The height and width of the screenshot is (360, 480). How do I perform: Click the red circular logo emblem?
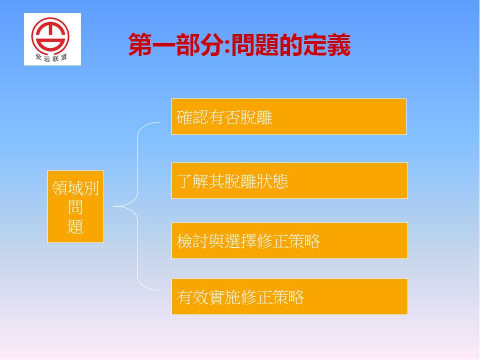[x=50, y=36]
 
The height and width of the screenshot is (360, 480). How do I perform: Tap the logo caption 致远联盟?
[x=51, y=57]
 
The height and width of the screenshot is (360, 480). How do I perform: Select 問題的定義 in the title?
[x=291, y=45]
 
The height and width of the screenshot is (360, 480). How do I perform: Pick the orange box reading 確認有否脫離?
[x=289, y=116]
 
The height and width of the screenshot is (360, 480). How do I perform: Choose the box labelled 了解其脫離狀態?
[x=289, y=180]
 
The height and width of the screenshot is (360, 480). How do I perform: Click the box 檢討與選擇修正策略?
[x=289, y=240]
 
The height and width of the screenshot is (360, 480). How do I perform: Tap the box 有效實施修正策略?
[x=289, y=296]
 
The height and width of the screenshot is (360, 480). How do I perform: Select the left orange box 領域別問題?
[x=75, y=206]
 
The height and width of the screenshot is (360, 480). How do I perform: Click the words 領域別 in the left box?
[x=75, y=187]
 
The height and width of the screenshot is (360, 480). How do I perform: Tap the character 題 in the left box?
[x=75, y=226]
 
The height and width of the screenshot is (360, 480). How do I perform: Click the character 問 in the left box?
[x=75, y=207]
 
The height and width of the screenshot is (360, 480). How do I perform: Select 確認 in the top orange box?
[x=192, y=117]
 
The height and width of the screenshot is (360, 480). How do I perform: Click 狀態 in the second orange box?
[x=272, y=181]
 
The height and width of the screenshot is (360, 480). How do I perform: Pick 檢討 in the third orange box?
[x=192, y=241]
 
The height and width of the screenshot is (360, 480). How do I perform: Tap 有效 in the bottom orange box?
[x=192, y=297]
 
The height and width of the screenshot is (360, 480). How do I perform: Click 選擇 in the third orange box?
[x=240, y=241]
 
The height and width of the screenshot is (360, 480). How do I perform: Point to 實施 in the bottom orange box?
[x=224, y=297]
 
